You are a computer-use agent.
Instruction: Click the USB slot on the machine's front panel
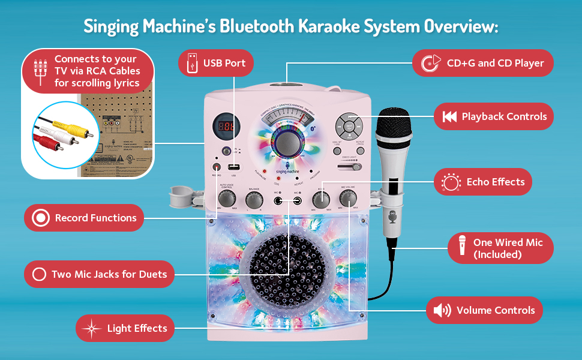(233, 167)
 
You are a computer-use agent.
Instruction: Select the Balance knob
(254, 198)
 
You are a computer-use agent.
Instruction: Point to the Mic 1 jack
(278, 200)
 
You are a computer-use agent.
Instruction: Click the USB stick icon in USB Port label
(191, 63)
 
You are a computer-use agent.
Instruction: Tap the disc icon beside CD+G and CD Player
(428, 63)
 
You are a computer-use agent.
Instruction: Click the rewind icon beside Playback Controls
(449, 117)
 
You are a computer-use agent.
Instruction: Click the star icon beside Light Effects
(92, 328)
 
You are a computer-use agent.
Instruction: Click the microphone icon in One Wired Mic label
(463, 247)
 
